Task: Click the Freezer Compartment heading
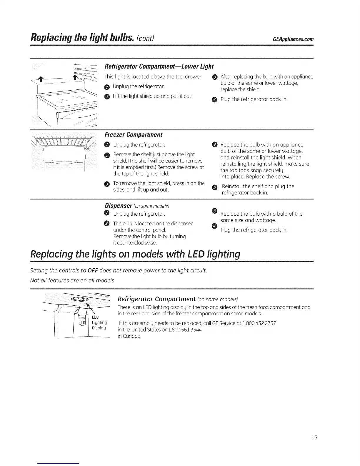[133, 135]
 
